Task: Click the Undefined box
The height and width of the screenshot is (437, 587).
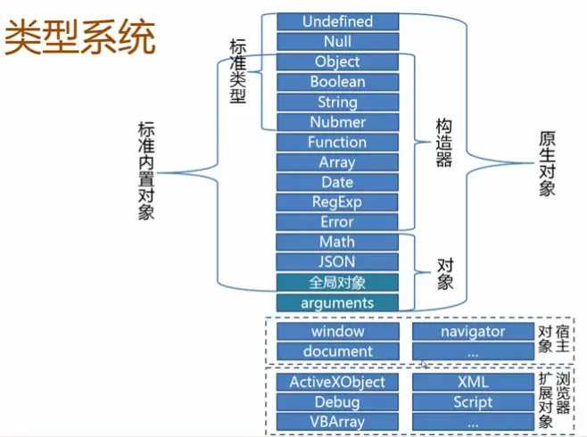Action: [x=337, y=21]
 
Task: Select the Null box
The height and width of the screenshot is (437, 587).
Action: [x=337, y=42]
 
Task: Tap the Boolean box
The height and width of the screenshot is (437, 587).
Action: [x=337, y=82]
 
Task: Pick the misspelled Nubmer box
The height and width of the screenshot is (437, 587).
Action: [x=337, y=122]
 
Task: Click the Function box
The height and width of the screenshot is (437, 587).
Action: [x=337, y=143]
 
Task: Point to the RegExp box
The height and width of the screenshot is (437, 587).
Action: [x=337, y=202]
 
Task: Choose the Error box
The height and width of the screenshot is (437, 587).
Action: [x=337, y=222]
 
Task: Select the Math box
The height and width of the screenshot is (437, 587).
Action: [x=337, y=243]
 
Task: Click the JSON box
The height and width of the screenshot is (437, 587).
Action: [x=337, y=262]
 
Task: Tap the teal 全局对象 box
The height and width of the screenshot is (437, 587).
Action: [x=337, y=283]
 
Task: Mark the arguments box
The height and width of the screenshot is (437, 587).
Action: [x=337, y=303]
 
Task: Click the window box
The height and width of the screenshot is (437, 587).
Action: [x=337, y=332]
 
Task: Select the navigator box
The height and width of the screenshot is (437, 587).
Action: [x=472, y=332]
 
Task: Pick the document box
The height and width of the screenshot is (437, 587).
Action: [x=337, y=351]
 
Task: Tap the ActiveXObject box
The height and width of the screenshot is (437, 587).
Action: [x=337, y=382]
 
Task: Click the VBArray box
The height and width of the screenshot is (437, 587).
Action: [x=337, y=422]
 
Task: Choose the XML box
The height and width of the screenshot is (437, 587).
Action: [x=472, y=382]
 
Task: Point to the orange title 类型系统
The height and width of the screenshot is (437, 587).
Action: [x=80, y=38]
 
